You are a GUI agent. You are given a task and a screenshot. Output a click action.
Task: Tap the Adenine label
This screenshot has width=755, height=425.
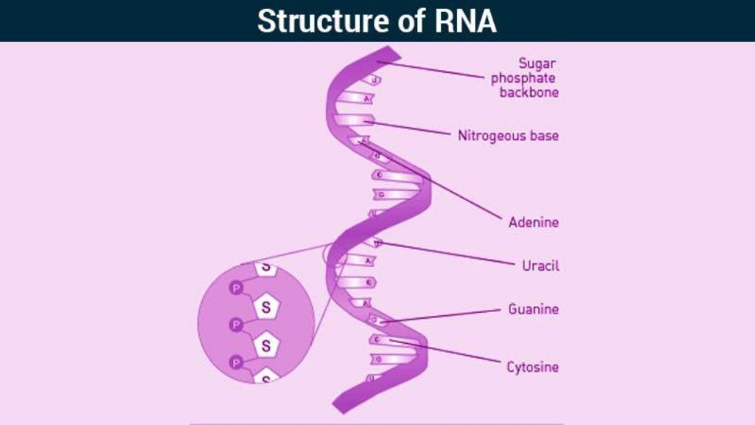(533, 222)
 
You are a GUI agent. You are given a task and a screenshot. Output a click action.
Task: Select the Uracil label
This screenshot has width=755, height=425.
(540, 266)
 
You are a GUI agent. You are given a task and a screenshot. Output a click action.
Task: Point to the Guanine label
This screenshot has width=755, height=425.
(533, 309)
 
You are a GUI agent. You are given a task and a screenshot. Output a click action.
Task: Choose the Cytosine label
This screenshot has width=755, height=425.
(532, 367)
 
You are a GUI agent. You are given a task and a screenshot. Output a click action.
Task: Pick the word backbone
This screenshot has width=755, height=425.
(529, 93)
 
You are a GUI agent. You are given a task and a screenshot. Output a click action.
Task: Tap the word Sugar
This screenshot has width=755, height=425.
(537, 63)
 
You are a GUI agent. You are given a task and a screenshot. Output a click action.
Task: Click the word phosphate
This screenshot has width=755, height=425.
(523, 78)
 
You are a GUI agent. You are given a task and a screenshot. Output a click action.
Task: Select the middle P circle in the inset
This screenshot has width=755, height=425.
(236, 324)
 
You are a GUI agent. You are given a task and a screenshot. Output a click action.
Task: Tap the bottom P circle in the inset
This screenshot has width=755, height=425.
(236, 362)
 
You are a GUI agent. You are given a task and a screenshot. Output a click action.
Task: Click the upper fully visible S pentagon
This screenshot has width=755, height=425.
(266, 308)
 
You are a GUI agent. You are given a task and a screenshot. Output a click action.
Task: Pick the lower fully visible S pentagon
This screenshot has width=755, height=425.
(266, 345)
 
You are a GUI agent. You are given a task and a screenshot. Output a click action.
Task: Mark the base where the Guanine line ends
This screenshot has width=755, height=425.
(376, 320)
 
